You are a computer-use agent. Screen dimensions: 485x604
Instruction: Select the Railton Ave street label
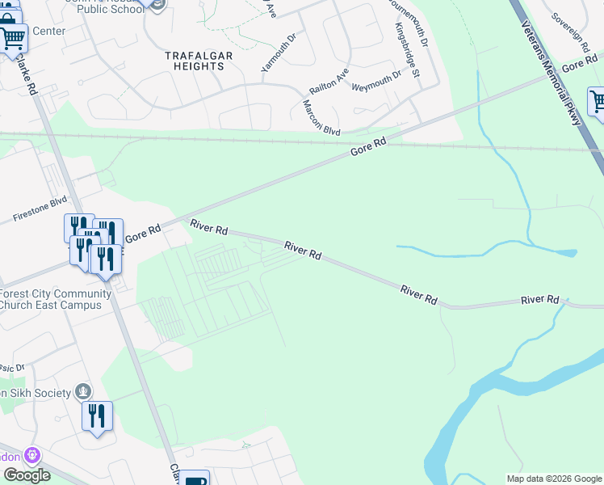pyautogui.click(x=329, y=82)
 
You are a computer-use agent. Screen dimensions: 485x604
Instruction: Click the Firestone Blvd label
pyautogui.click(x=40, y=211)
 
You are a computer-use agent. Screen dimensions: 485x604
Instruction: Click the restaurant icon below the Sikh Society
pyautogui.click(x=96, y=416)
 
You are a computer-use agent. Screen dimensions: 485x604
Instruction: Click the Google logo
pyautogui.click(x=27, y=474)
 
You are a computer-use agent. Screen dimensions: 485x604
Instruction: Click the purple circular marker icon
pyautogui.click(x=31, y=455)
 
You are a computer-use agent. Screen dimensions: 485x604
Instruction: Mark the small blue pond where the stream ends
pyautogui.click(x=572, y=253)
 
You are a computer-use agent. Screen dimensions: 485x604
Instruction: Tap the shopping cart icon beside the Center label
pyautogui.click(x=13, y=37)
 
